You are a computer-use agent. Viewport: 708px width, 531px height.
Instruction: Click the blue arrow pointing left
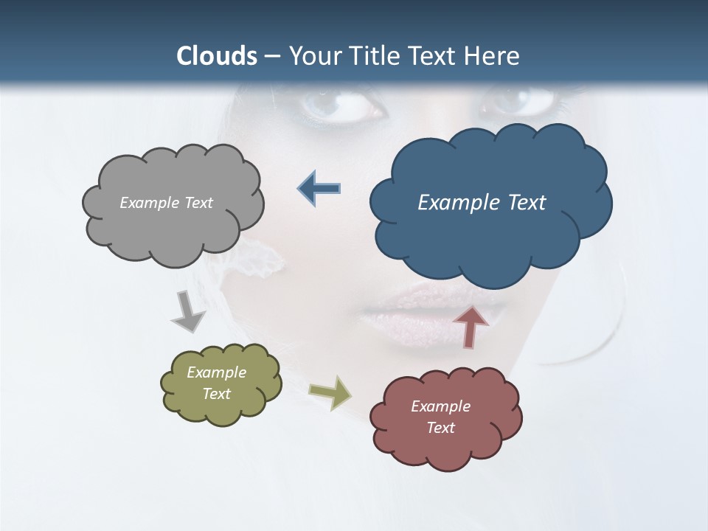pyautogui.click(x=319, y=188)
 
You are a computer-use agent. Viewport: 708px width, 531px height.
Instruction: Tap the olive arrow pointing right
pyautogui.click(x=330, y=393)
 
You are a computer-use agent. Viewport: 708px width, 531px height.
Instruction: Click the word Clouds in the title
pyautogui.click(x=217, y=55)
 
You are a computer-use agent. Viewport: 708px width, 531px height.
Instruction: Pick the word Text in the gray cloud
pyautogui.click(x=198, y=203)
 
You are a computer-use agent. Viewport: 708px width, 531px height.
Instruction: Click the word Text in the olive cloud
pyautogui.click(x=217, y=394)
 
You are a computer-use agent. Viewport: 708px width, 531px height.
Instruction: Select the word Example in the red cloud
pyautogui.click(x=440, y=406)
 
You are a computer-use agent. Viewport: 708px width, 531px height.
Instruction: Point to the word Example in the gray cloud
pyautogui.click(x=150, y=203)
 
